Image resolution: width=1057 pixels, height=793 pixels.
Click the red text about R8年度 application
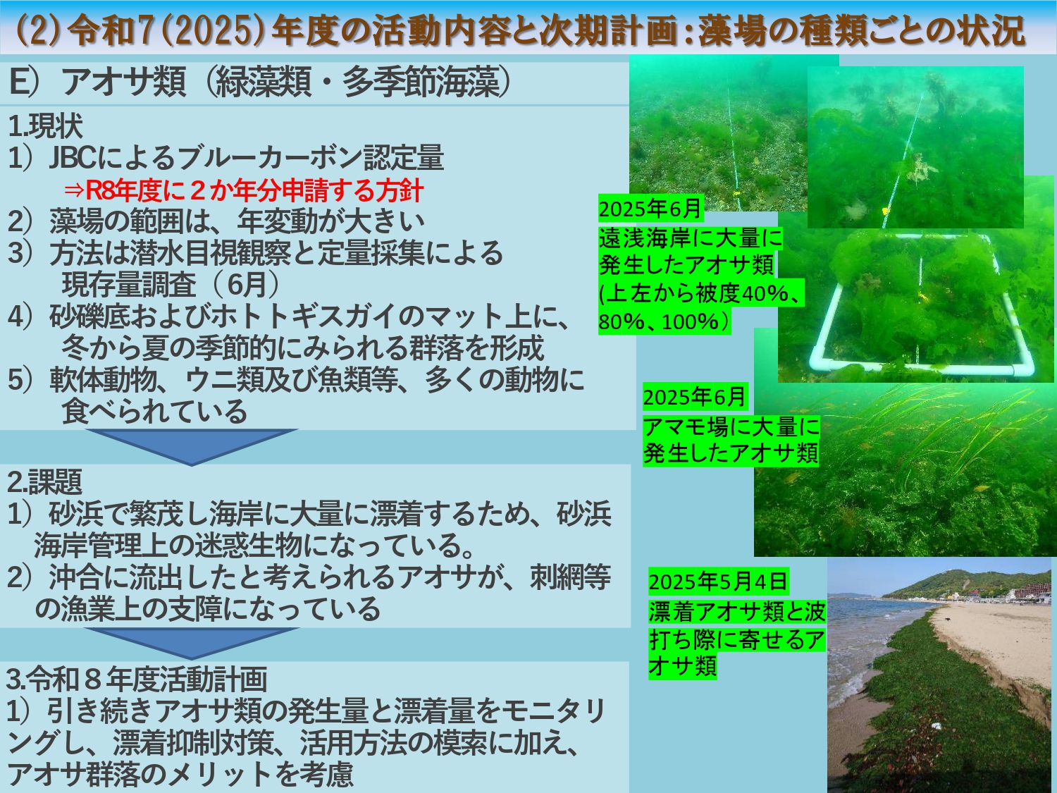(244, 190)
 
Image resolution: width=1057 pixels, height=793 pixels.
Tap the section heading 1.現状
(45, 125)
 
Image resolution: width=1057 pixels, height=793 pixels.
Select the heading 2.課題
(45, 481)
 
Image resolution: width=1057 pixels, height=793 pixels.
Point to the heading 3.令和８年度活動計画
(137, 679)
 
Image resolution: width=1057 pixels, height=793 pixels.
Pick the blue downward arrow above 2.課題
(192, 448)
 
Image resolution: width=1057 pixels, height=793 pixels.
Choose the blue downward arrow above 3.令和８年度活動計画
(192, 644)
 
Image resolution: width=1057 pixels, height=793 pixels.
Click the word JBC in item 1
(73, 158)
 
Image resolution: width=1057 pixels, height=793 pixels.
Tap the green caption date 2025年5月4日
(717, 582)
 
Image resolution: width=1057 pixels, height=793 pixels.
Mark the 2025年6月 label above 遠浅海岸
(650, 208)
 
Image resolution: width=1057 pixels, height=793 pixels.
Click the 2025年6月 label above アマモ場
(695, 397)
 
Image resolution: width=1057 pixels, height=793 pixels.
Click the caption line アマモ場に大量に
(731, 426)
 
